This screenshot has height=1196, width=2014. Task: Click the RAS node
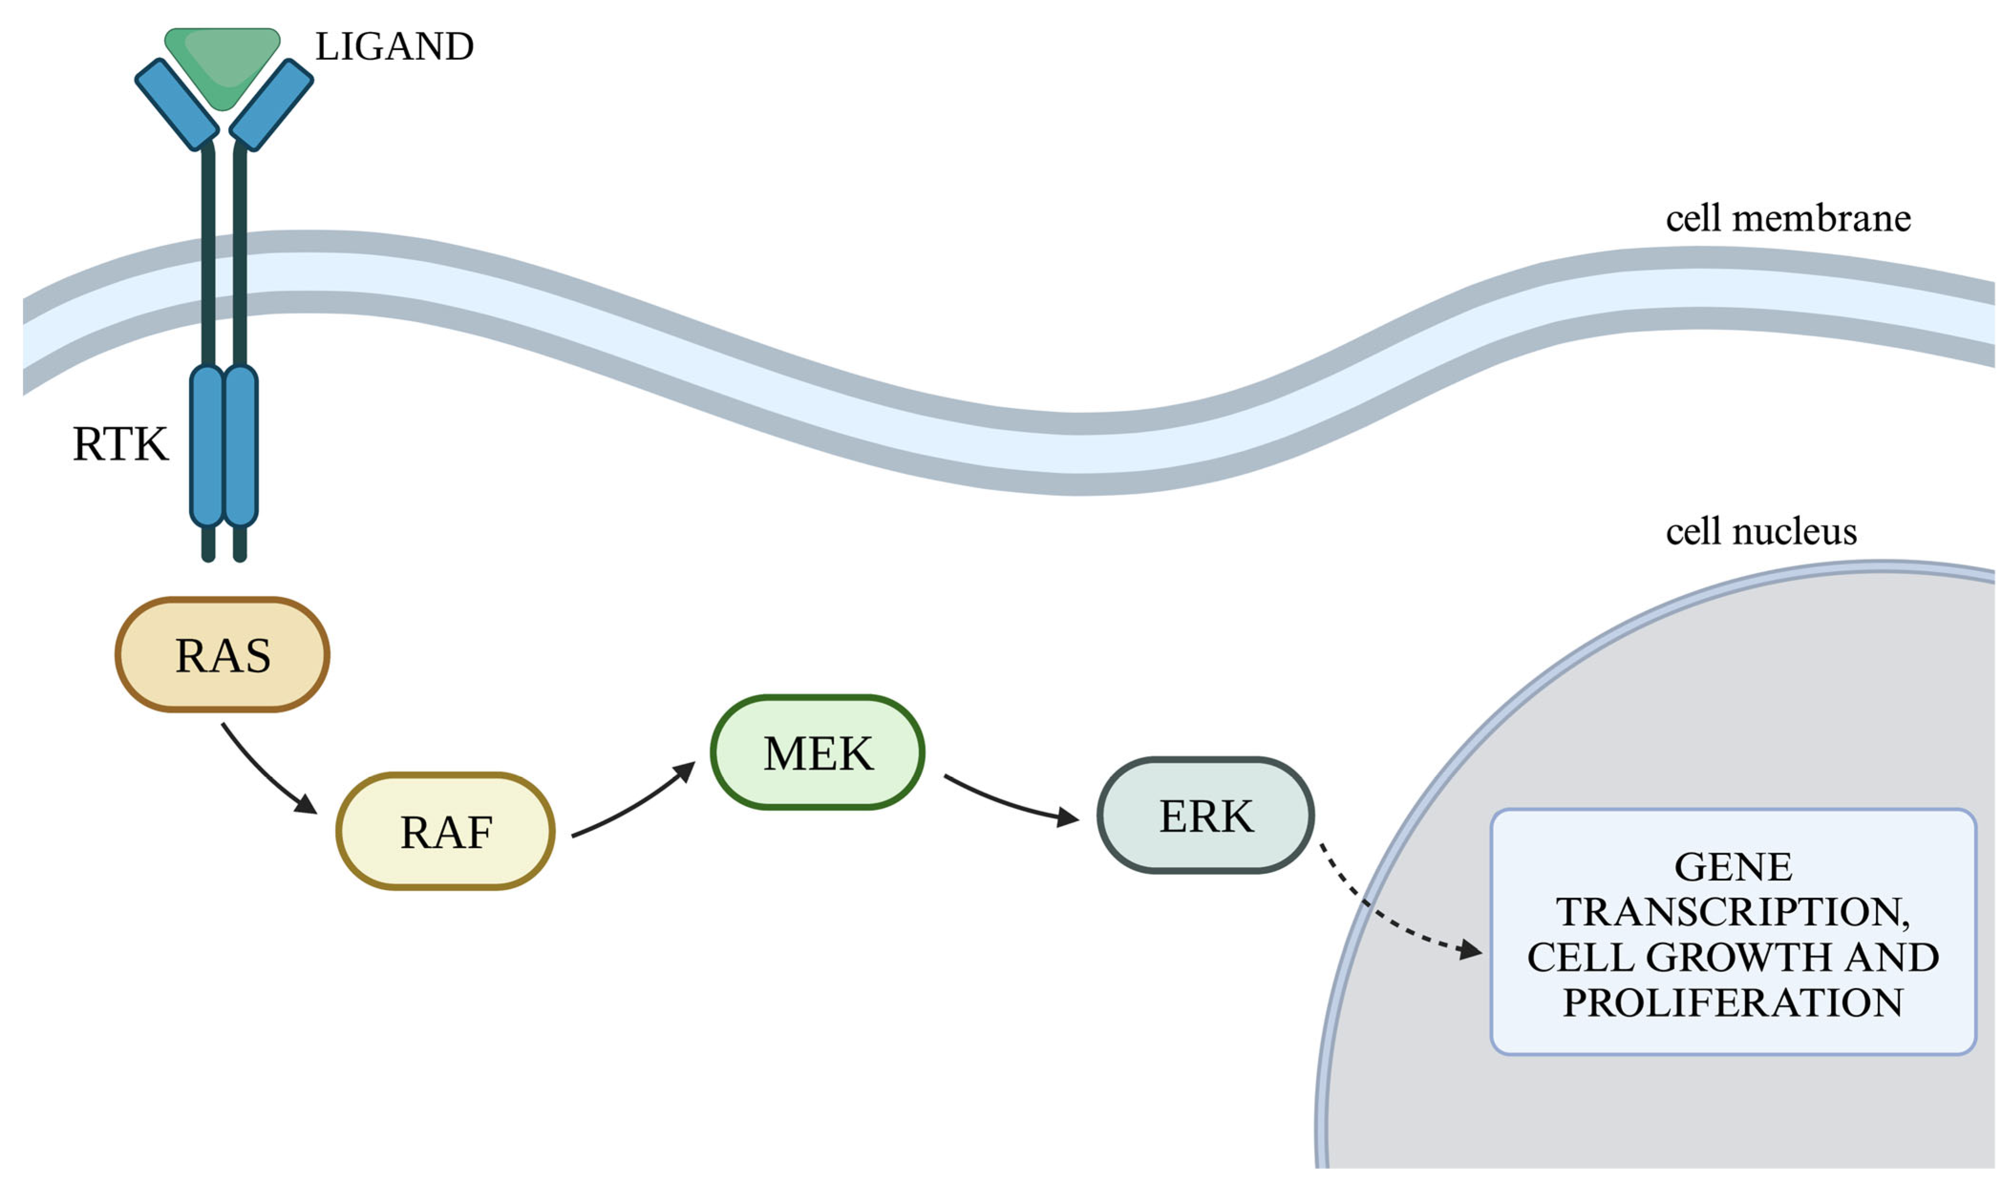click(223, 654)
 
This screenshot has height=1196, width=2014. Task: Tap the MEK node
click(817, 753)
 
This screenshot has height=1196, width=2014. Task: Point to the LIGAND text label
click(394, 47)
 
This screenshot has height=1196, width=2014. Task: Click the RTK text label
click(121, 444)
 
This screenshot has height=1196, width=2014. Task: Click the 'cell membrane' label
click(1788, 219)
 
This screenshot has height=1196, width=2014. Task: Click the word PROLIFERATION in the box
click(1733, 1003)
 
